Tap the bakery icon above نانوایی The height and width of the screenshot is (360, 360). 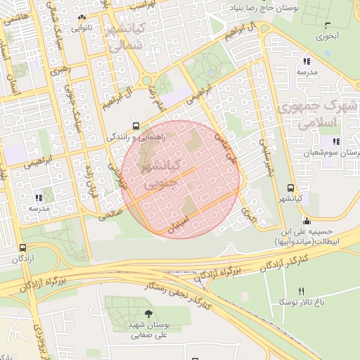[x=82, y=17]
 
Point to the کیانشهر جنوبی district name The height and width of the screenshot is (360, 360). [x=162, y=174]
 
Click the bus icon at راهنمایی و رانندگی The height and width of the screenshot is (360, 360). [x=136, y=127]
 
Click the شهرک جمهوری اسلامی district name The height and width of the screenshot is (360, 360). [x=316, y=115]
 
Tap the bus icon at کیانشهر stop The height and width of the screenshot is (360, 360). [x=290, y=188]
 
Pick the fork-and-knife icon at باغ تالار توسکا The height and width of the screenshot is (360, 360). [x=302, y=291]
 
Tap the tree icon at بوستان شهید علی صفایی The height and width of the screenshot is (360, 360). [x=148, y=314]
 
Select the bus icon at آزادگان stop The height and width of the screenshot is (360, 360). [x=23, y=248]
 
